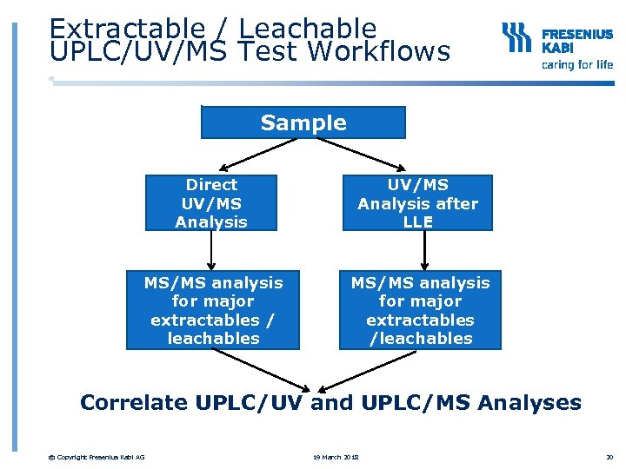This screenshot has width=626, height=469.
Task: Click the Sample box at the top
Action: click(303, 122)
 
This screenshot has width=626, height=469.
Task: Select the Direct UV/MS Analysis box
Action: click(211, 203)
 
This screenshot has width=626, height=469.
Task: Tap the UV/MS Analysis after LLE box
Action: click(417, 203)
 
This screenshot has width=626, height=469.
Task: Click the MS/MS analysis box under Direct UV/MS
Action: click(213, 310)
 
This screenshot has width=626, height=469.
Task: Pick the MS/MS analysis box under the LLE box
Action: click(420, 310)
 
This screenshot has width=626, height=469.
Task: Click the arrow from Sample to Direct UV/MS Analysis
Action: click(256, 154)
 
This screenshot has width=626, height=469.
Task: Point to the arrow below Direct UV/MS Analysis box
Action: click(211, 251)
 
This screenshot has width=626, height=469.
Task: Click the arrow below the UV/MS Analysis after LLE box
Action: click(425, 251)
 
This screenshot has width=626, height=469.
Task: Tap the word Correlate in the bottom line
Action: click(133, 402)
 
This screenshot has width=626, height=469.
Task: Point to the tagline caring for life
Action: click(576, 65)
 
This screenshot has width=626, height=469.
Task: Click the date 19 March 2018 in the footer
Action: click(336, 458)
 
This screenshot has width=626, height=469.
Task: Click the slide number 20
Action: click(609, 458)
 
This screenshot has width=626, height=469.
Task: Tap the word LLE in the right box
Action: click(417, 222)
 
